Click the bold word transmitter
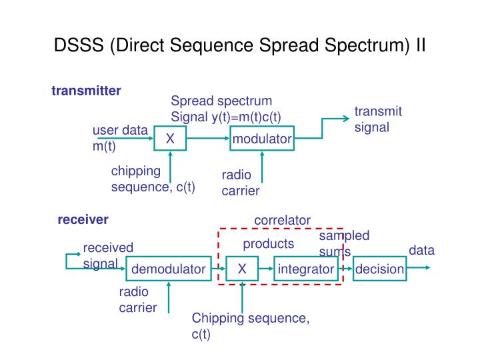[86, 91]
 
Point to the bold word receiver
[83, 220]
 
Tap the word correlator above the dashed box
[282, 221]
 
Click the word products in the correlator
[269, 244]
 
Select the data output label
[421, 250]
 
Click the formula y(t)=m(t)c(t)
[246, 117]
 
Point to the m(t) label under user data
[104, 146]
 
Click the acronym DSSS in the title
[79, 45]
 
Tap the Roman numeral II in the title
[421, 45]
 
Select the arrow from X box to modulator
[208, 139]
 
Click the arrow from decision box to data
[419, 267]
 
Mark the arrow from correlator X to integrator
[266, 269]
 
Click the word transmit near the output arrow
[378, 111]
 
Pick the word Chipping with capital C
[217, 319]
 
